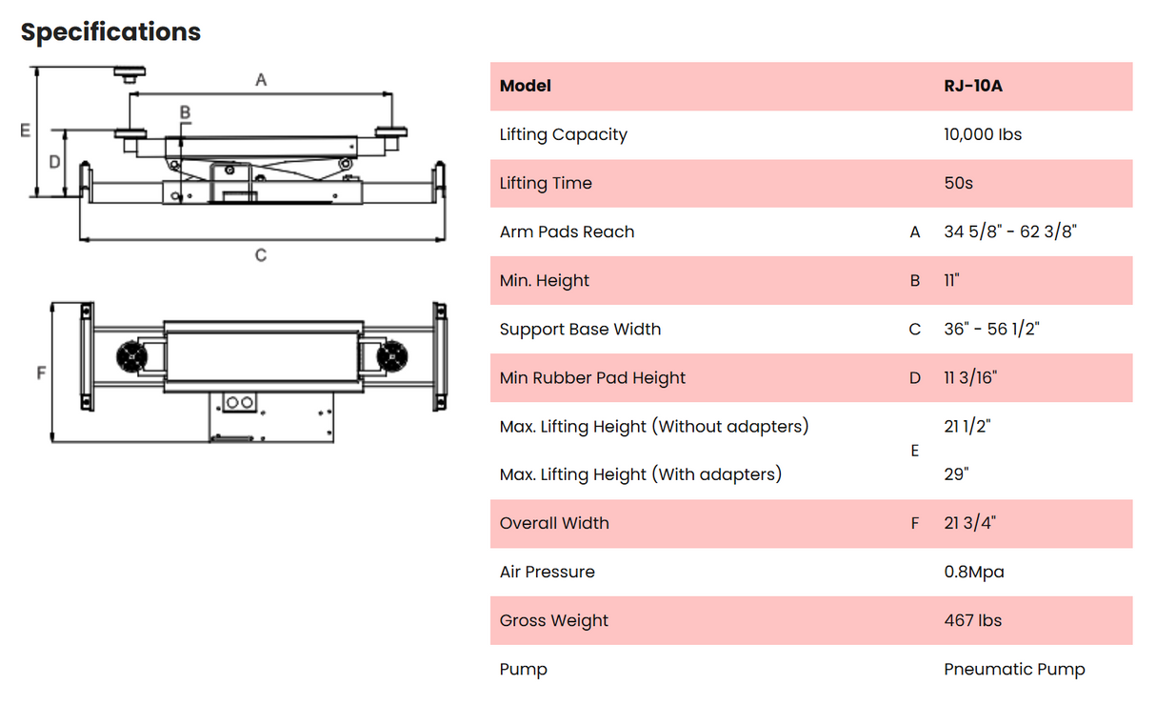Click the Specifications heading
[x=110, y=32]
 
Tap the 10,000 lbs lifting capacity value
[x=982, y=134]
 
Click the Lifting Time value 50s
[x=958, y=183]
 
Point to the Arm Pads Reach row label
[x=567, y=232]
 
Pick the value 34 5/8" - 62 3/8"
[x=1009, y=232]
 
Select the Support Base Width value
[x=991, y=329]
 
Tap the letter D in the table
[x=915, y=378]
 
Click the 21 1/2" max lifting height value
[x=967, y=426]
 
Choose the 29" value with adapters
[x=956, y=473]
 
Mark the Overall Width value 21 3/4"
[x=969, y=523]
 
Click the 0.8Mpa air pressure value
[x=973, y=572]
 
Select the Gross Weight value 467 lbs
[x=972, y=620]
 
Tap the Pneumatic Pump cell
[x=1014, y=669]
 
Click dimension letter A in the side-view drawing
[x=261, y=81]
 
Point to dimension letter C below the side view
[x=261, y=255]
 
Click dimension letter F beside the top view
[x=41, y=373]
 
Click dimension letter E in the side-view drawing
[x=26, y=131]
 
